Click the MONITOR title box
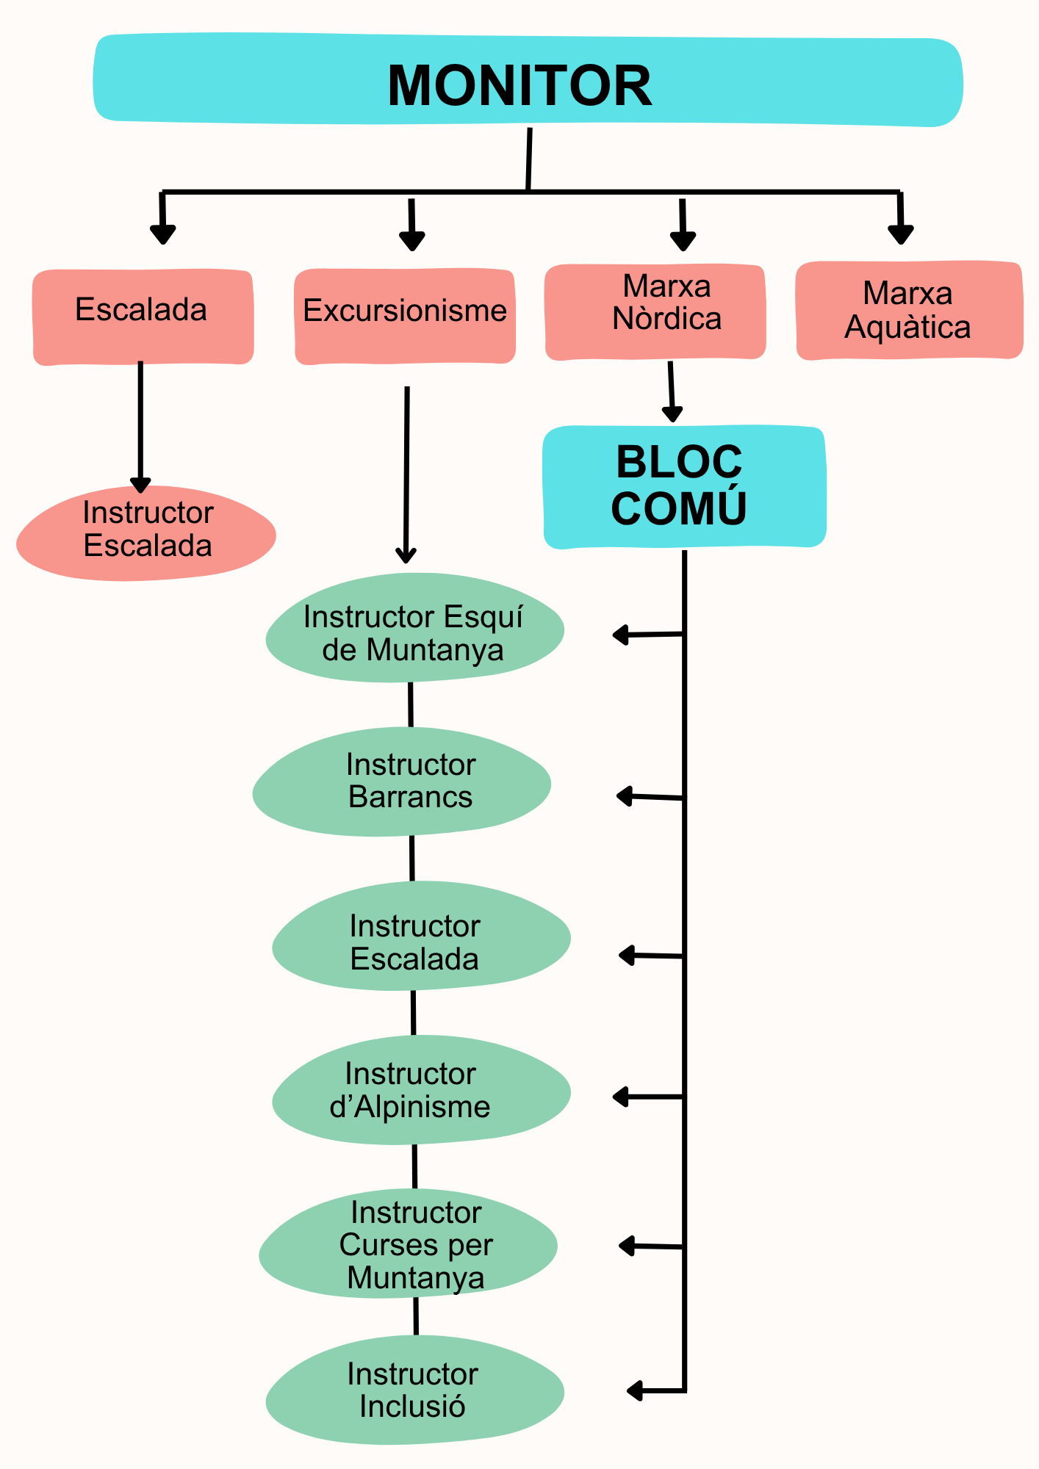click(528, 81)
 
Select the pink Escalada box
click(143, 316)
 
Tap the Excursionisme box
click(405, 316)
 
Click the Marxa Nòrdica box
click(655, 311)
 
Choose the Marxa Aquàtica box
click(909, 310)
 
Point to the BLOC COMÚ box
click(684, 486)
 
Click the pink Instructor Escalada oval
click(146, 533)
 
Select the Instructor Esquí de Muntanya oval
click(414, 627)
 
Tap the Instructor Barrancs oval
click(402, 782)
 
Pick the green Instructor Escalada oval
click(421, 936)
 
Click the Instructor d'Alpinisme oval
click(421, 1090)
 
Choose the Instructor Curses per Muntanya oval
click(409, 1245)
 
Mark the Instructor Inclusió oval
click(414, 1390)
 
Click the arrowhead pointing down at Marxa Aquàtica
click(901, 234)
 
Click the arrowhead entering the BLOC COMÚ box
click(672, 413)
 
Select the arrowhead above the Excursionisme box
click(412, 241)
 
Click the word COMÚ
click(678, 508)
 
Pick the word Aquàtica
click(907, 328)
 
